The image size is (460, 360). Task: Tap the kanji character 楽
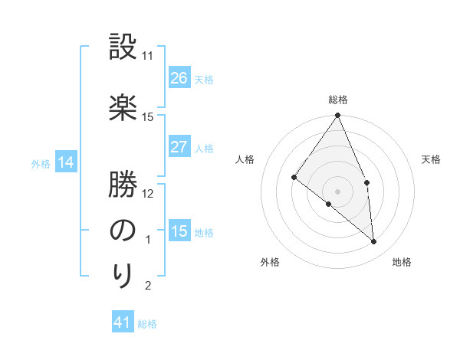(123, 106)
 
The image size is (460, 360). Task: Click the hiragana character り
(123, 274)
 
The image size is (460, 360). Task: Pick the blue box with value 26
(179, 77)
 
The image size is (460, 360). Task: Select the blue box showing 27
(179, 147)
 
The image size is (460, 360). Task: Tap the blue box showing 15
(179, 231)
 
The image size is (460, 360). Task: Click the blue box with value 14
(65, 162)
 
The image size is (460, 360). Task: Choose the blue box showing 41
(123, 322)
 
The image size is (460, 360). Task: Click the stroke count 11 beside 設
(148, 56)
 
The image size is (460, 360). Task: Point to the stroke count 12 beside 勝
(148, 193)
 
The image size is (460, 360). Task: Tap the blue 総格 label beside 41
(147, 324)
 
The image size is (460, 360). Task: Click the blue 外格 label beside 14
(41, 163)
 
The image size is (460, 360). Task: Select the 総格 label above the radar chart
(338, 100)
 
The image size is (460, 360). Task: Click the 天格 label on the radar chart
(431, 159)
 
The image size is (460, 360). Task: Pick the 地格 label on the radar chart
(402, 262)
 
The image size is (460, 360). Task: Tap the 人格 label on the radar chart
(245, 159)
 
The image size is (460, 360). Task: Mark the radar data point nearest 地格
(374, 241)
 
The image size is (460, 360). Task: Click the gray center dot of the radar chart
(337, 190)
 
